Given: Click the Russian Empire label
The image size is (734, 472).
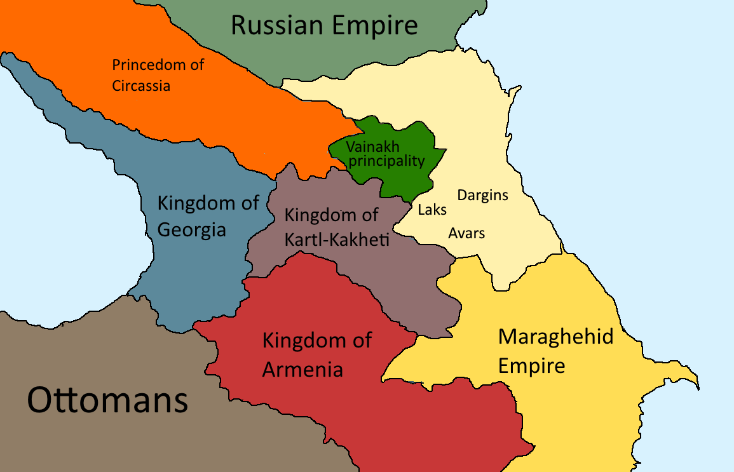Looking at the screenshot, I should click(324, 25).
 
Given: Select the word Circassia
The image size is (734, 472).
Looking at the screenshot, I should click(141, 85).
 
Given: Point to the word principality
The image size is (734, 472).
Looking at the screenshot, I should click(386, 161).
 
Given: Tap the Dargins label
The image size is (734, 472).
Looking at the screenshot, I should click(482, 195).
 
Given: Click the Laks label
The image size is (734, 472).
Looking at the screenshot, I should click(432, 210).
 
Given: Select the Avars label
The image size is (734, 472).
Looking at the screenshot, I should click(466, 233).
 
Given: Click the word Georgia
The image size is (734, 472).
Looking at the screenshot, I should click(191, 229).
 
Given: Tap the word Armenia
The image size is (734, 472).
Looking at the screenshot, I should click(302, 369).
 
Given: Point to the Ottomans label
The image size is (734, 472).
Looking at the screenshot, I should click(107, 401).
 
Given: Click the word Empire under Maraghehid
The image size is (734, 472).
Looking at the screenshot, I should click(531, 367).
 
